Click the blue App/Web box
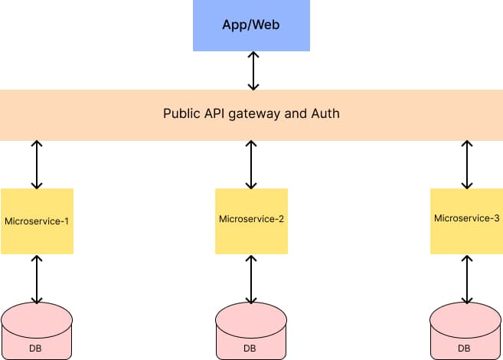[252, 25]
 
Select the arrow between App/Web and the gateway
[252, 71]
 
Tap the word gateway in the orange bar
[265, 113]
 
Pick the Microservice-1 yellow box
[37, 221]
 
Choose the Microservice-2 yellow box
[251, 221]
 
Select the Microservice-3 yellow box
[466, 221]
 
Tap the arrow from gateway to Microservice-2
[251, 165]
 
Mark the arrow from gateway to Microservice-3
[466, 165]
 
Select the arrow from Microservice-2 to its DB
[251, 279]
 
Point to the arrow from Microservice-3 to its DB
[466, 279]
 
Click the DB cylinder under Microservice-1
[37, 331]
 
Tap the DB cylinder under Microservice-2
[251, 331]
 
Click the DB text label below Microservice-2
[250, 349]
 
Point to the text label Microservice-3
[466, 218]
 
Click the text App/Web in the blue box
[252, 24]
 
